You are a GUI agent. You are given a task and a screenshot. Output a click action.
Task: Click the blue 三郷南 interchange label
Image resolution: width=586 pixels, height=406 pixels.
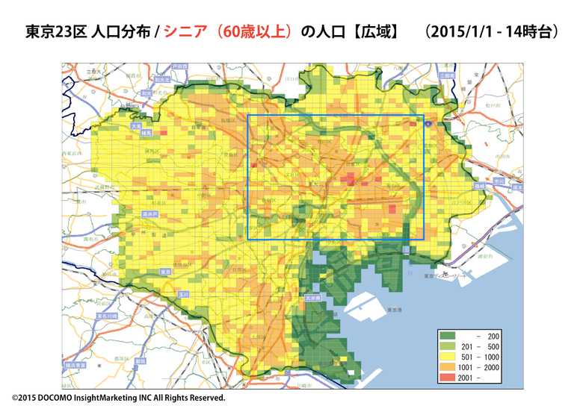446,76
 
